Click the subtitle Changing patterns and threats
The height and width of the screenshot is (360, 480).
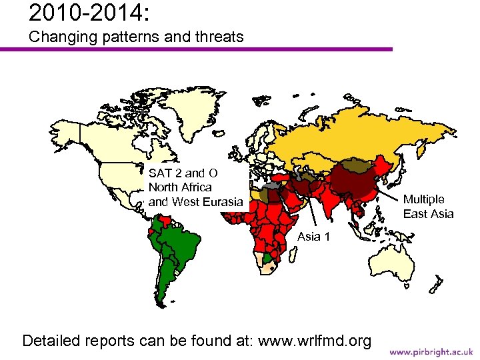(137, 37)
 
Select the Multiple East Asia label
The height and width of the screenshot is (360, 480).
(428, 207)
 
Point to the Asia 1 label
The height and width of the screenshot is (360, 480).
(313, 237)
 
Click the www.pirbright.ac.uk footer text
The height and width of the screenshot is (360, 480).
(431, 351)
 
